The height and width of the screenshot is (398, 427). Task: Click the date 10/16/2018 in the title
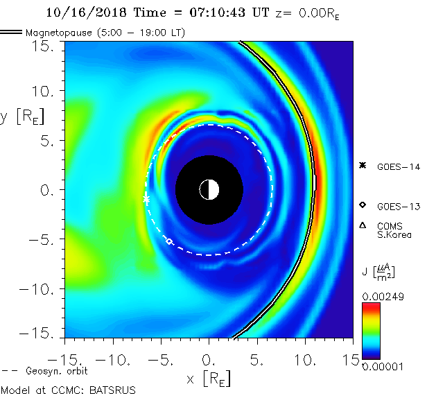pyautogui.click(x=80, y=12)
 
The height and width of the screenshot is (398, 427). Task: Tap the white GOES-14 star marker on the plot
pyautogui.click(x=146, y=199)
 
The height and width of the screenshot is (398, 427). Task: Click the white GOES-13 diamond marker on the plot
pyautogui.click(x=169, y=241)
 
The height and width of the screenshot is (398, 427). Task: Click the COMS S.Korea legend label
pyautogui.click(x=394, y=230)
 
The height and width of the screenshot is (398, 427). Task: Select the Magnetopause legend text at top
pyautogui.click(x=105, y=33)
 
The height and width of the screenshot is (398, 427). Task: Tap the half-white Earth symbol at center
pyautogui.click(x=209, y=189)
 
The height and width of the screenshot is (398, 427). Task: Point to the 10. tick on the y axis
pyautogui.click(x=46, y=91)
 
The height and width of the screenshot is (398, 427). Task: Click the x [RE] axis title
pyautogui.click(x=209, y=379)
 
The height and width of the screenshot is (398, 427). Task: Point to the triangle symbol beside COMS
pyautogui.click(x=363, y=225)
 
